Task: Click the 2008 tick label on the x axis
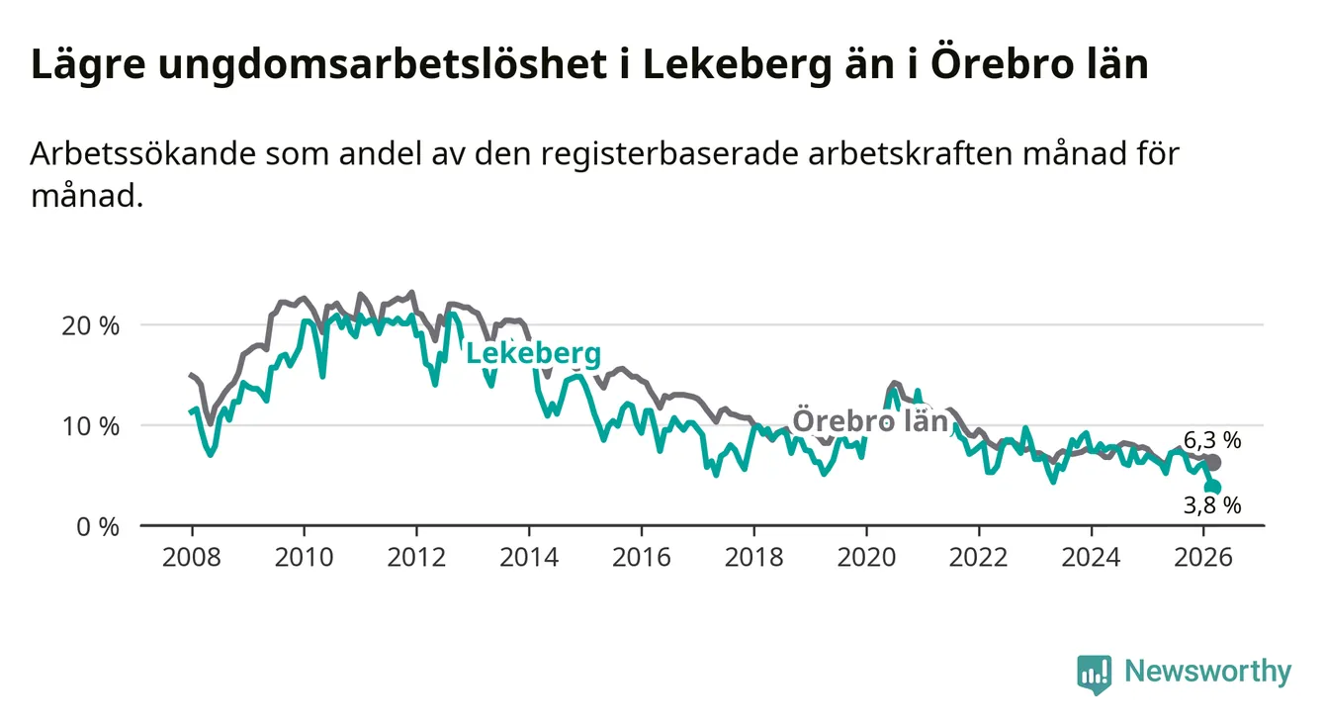click(x=191, y=557)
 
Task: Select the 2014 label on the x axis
click(x=529, y=557)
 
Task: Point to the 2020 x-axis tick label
click(x=866, y=557)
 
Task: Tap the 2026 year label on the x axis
click(x=1203, y=557)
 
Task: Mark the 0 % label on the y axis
click(x=100, y=526)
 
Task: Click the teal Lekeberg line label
click(x=532, y=354)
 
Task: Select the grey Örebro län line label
click(x=871, y=420)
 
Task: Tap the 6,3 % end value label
click(x=1211, y=440)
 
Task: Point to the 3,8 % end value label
click(x=1211, y=505)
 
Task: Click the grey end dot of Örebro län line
click(x=1213, y=462)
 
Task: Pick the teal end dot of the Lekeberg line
click(x=1213, y=487)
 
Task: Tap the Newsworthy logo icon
click(x=1095, y=673)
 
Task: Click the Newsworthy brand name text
click(x=1207, y=673)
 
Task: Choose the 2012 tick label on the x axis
click(x=416, y=557)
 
